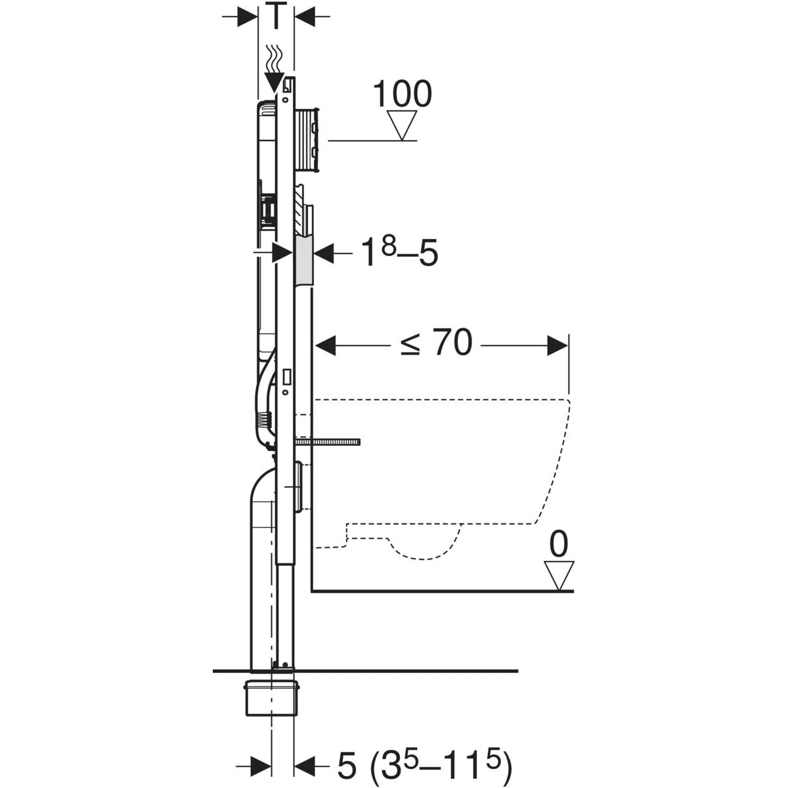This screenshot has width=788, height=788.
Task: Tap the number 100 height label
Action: tap(402, 94)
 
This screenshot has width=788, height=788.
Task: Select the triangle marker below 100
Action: tap(402, 125)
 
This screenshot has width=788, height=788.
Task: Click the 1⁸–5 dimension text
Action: tap(400, 253)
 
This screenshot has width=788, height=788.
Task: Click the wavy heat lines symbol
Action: tap(274, 58)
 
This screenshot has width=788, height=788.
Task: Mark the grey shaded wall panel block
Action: tap(305, 261)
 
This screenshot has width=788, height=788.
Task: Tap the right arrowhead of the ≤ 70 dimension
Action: tap(558, 345)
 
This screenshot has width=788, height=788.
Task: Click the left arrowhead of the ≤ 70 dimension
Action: tap(326, 345)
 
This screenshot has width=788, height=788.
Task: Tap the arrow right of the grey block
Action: tap(327, 253)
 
